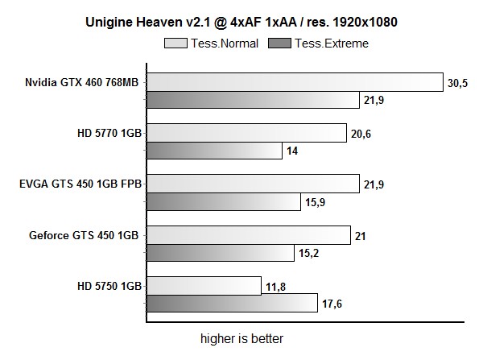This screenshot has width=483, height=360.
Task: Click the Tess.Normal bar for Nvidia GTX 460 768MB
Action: (x=295, y=81)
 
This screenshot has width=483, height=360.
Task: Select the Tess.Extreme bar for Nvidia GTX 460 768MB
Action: (x=252, y=100)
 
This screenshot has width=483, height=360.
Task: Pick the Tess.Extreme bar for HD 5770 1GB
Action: (x=213, y=151)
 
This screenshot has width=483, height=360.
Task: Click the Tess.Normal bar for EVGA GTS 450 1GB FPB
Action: (x=252, y=184)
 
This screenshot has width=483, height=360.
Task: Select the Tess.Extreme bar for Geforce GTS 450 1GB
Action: (x=220, y=253)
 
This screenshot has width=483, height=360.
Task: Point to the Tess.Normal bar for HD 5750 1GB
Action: (x=204, y=286)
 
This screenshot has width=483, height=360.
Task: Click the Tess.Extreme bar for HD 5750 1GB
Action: (x=231, y=304)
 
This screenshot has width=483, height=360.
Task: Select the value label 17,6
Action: (x=332, y=304)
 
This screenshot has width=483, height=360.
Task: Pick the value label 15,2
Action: (x=309, y=253)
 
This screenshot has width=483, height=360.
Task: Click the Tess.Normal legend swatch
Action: (x=175, y=43)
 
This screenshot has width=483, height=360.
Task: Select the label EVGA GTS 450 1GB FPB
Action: (x=80, y=184)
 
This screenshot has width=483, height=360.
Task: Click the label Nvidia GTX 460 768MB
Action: (x=81, y=81)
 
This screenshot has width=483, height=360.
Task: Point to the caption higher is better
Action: (x=242, y=338)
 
